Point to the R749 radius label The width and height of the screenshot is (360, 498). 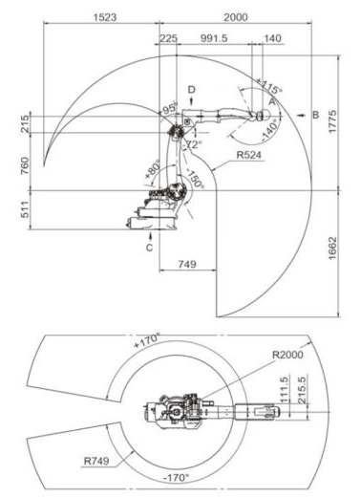(95, 461)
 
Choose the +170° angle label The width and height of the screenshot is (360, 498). (145, 339)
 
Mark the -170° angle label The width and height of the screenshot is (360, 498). (179, 477)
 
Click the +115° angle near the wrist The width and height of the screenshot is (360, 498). (269, 84)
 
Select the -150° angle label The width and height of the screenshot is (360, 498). (194, 182)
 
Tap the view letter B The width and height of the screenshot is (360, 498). (316, 114)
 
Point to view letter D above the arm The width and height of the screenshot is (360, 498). (191, 90)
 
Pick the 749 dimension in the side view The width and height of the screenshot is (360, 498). (187, 263)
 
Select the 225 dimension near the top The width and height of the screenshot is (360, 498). (168, 38)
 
